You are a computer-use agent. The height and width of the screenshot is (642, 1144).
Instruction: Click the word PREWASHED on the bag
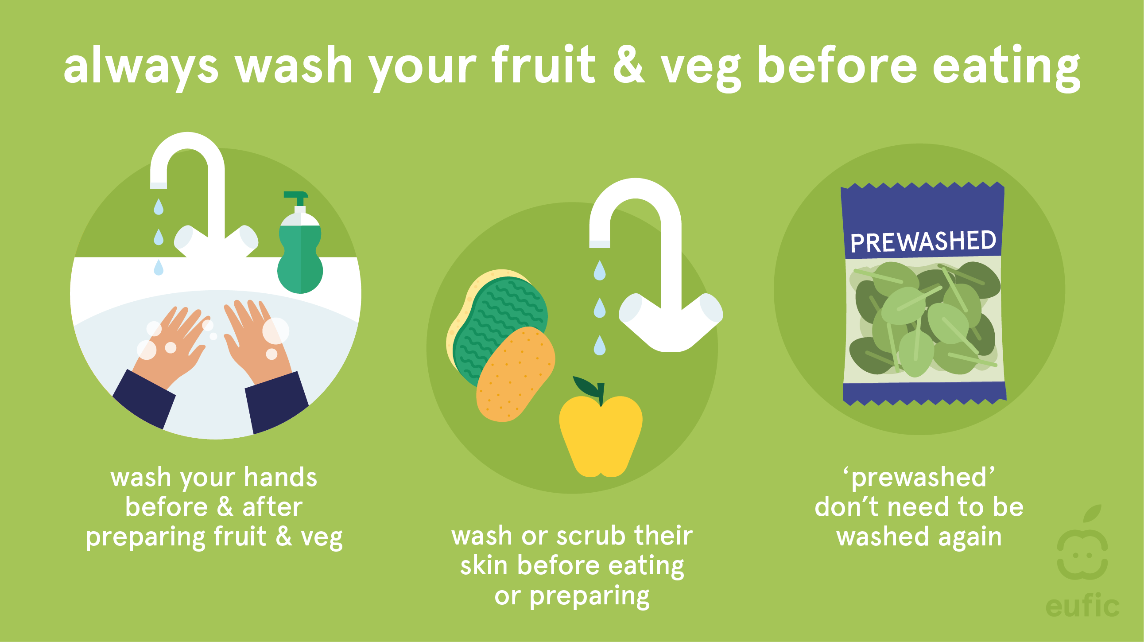click(x=923, y=241)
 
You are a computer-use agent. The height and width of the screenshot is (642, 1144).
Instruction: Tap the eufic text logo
click(x=1082, y=606)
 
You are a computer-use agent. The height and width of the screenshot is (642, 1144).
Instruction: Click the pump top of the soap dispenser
click(x=296, y=199)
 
